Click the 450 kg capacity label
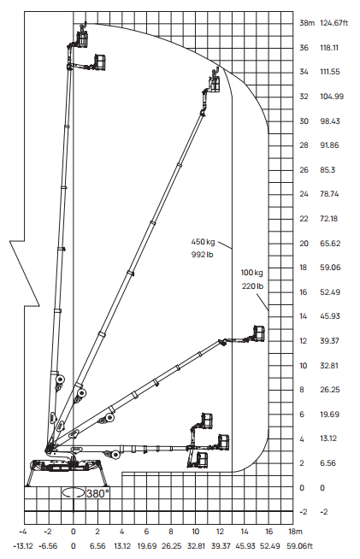pos(203,242)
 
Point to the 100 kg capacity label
pos(252,273)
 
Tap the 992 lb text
pos(203,255)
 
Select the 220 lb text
pos(252,286)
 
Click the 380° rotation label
pos(97,494)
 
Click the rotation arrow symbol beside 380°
pos(74,493)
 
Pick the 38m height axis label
pos(307,23)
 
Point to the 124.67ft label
pos(334,23)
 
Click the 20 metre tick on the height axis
pos(304,244)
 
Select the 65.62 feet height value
pos(330,244)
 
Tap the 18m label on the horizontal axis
pos(295,532)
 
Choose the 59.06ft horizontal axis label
pos(299,546)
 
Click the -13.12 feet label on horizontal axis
pos(23,546)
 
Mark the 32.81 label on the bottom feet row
pos(196,546)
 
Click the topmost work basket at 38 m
pos(82,38)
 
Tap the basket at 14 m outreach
pos(259,333)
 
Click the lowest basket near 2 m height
pos(202,460)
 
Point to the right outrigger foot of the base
pos(106,484)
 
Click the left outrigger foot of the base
pos(28,484)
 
